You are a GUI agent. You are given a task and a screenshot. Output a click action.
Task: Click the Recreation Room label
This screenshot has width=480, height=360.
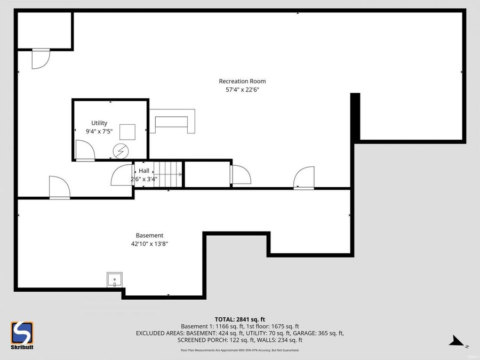[242, 81]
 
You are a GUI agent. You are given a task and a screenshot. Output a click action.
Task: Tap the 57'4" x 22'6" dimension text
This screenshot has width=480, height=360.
[242, 90]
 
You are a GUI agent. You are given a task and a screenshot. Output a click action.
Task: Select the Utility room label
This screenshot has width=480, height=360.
[99, 123]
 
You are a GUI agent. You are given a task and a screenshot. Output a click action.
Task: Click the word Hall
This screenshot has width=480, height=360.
[144, 171]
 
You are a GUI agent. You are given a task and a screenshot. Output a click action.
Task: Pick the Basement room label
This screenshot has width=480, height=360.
[149, 235]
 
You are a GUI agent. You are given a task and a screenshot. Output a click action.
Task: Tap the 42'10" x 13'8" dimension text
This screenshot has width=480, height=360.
[149, 244]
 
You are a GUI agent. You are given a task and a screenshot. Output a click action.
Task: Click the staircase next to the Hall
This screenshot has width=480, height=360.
[168, 174]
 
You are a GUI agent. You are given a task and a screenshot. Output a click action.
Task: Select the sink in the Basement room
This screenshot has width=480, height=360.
[115, 279]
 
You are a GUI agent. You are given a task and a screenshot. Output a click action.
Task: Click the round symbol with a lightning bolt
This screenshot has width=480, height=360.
[121, 151]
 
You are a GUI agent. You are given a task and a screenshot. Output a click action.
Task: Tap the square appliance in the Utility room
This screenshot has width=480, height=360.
[127, 131]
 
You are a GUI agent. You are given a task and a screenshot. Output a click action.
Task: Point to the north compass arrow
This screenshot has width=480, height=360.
[457, 339]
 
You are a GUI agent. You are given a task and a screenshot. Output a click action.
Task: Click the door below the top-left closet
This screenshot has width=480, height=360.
[40, 59]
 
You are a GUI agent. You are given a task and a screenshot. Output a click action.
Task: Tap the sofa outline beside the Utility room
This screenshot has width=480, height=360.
[172, 121]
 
